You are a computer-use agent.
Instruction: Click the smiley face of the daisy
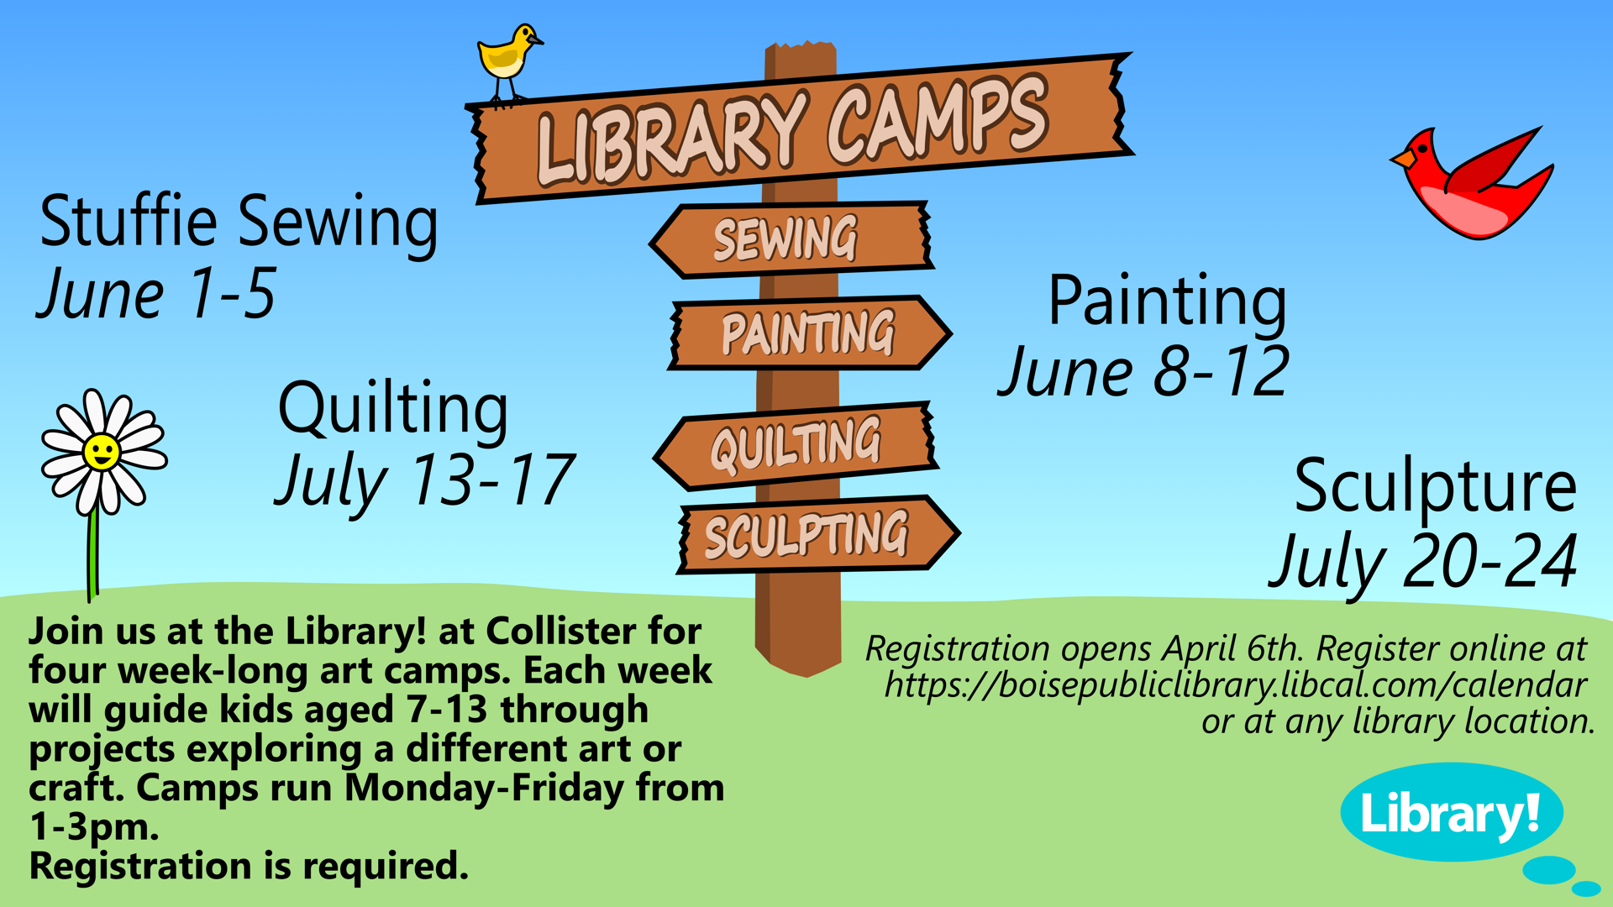click(102, 452)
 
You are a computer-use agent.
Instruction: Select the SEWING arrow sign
click(791, 239)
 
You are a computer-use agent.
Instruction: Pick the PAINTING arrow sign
click(810, 333)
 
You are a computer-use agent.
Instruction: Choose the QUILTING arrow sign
click(796, 445)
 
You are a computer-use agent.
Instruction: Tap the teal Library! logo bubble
click(1452, 812)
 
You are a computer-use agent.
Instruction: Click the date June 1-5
click(157, 294)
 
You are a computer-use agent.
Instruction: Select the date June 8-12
click(1143, 371)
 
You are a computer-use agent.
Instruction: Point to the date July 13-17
click(425, 481)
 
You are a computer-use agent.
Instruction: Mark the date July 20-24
click(1423, 562)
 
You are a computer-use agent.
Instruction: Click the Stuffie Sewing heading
click(239, 222)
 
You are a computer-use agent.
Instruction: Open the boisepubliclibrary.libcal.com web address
click(1235, 685)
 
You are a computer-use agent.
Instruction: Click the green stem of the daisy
click(93, 554)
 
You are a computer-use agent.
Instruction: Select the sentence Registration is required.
click(249, 866)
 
